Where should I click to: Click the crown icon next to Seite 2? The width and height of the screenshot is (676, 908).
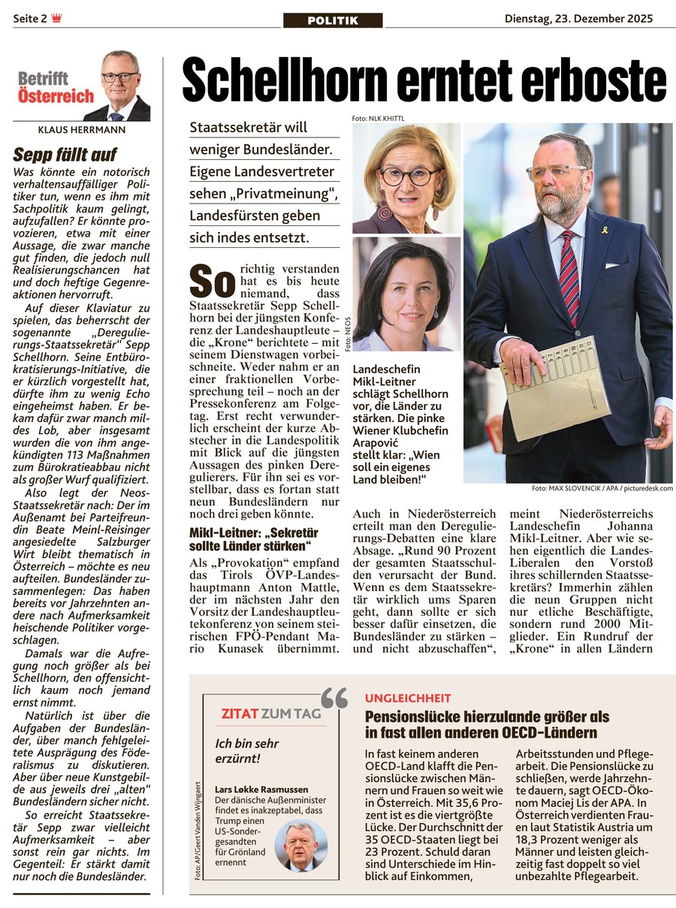coord(57,19)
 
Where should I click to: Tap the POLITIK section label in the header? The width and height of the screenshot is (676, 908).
coord(333,20)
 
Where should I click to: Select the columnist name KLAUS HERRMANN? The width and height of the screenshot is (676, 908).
coord(81,129)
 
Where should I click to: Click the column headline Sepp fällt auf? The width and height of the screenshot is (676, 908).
coord(65,155)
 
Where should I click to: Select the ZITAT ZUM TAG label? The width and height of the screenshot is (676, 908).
coord(270,713)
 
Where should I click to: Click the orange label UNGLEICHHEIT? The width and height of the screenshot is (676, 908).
coord(408,698)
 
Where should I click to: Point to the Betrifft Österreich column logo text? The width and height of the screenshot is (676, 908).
coord(56,87)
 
